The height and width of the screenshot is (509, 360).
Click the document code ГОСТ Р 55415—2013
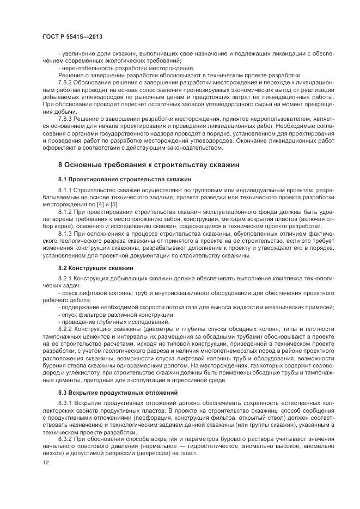(x=72, y=36)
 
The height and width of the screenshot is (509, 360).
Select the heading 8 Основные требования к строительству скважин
(x=148, y=164)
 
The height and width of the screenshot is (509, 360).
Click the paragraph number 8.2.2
(x=65, y=330)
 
